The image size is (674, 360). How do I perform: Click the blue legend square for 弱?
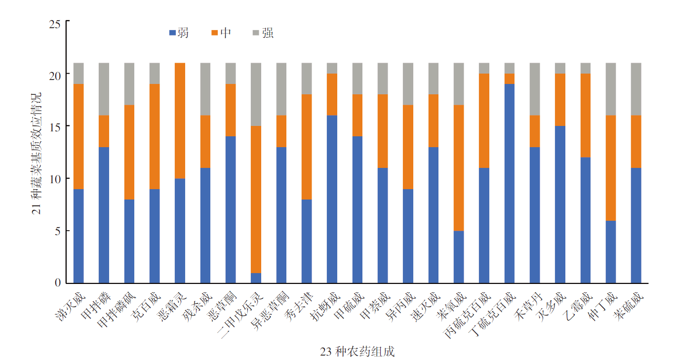[x=172, y=33]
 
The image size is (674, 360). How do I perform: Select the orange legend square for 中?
[x=214, y=33]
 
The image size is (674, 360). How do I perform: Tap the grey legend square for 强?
[x=256, y=33]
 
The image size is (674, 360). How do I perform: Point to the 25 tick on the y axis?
[x=55, y=23]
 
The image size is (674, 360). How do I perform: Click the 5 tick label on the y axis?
[x=57, y=231]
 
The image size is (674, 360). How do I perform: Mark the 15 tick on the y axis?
[x=55, y=126]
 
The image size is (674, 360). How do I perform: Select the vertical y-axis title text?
[x=37, y=153]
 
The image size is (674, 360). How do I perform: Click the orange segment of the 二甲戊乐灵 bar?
[x=256, y=200]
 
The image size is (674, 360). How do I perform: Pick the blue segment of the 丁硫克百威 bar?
[x=509, y=183]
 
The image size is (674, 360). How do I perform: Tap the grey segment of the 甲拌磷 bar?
[x=104, y=89]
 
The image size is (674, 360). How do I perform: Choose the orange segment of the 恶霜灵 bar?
[x=180, y=120]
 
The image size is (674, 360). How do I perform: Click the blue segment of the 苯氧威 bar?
[x=459, y=257]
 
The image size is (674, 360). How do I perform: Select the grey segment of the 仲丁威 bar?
[x=611, y=89]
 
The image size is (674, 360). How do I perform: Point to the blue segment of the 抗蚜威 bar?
[x=332, y=200]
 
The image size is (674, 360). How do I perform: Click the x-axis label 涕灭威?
[x=71, y=307]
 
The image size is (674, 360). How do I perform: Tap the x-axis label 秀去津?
[x=298, y=307]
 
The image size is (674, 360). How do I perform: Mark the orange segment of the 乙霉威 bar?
[x=585, y=116]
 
